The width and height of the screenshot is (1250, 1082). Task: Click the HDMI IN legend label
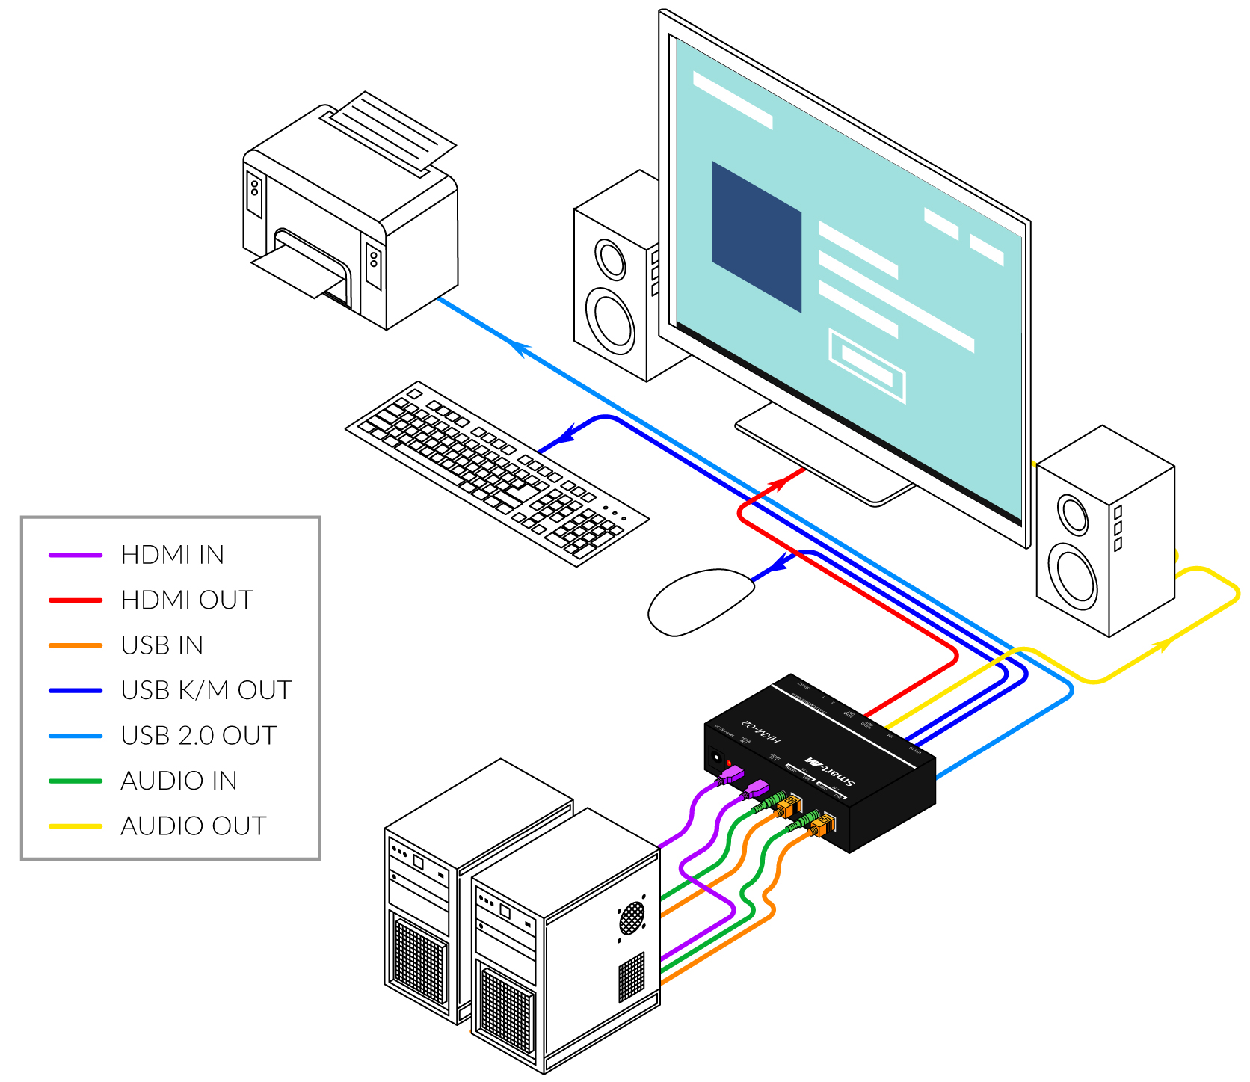point(172,555)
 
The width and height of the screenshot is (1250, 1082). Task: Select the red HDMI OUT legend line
point(75,600)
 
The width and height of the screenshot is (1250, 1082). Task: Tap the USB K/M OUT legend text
point(206,690)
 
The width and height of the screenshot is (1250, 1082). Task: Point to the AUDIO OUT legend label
point(193,826)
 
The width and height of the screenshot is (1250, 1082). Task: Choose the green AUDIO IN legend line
point(75,781)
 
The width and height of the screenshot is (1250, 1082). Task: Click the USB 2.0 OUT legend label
point(198,736)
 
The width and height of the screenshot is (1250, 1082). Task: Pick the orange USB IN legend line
point(75,645)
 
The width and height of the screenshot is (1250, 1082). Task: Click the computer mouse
point(699,602)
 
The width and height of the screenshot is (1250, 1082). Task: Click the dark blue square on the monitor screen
point(756,236)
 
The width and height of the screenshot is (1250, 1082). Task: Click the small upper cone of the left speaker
point(610,259)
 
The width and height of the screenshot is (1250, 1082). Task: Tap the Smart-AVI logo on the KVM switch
point(829,770)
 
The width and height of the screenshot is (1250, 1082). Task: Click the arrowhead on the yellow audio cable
point(1162,645)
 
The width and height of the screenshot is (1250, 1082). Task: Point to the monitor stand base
point(822,460)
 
